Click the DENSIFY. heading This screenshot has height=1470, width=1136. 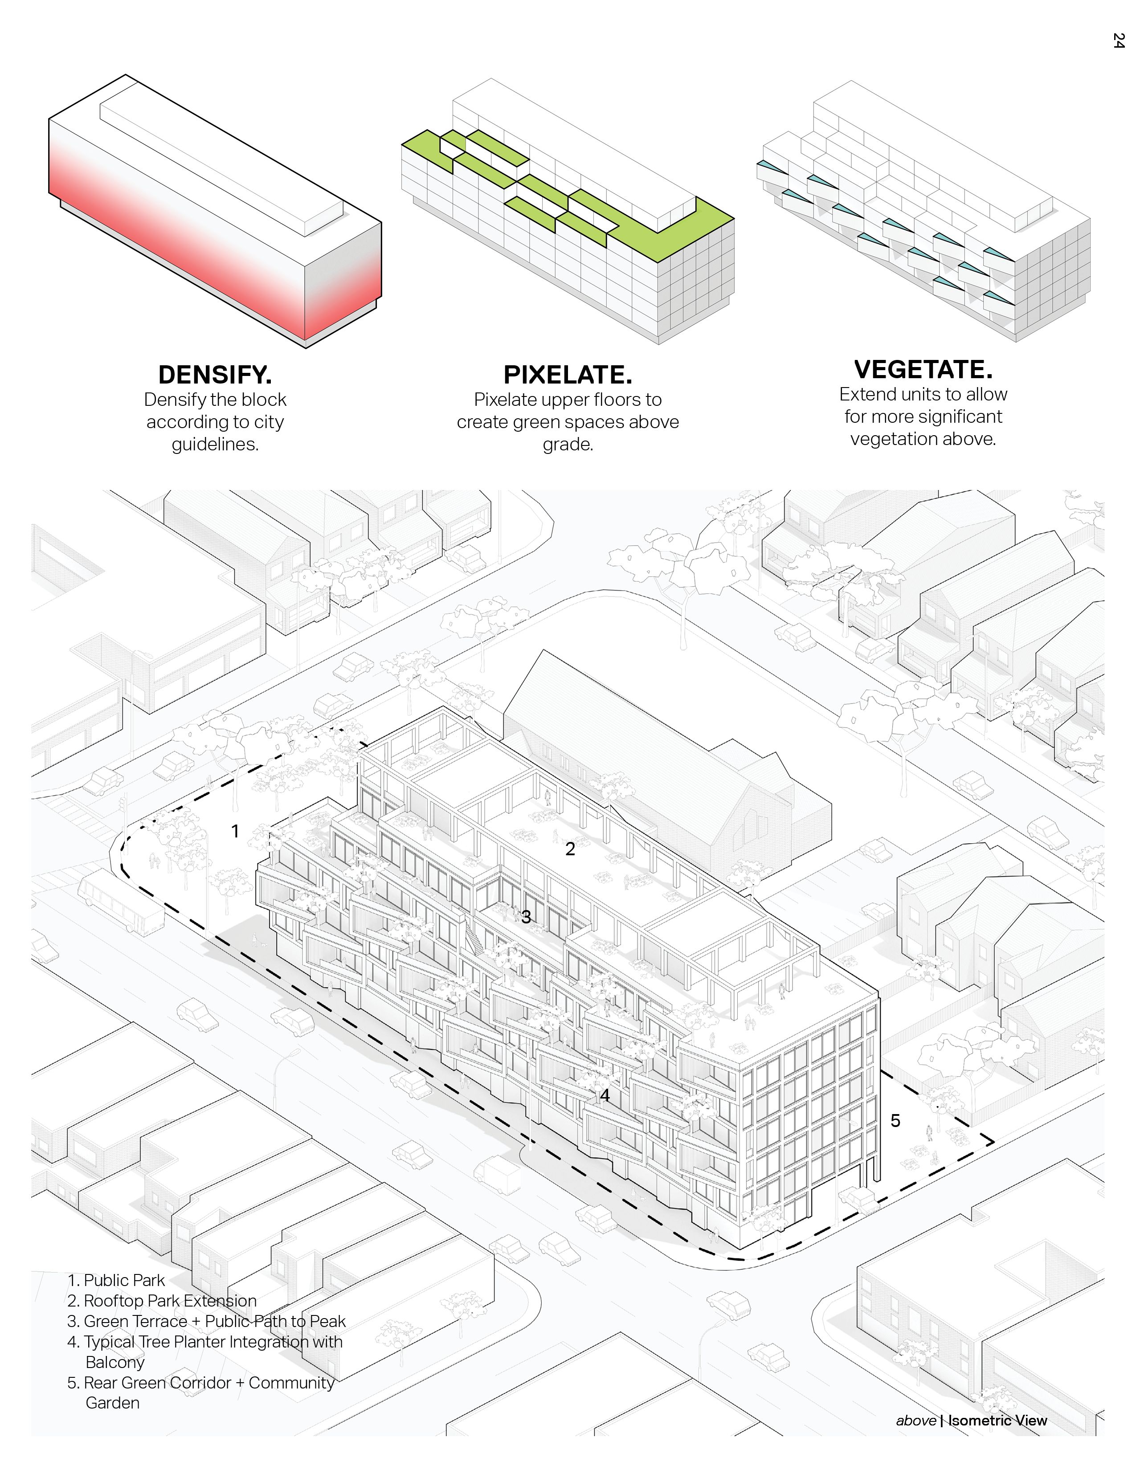coord(215,374)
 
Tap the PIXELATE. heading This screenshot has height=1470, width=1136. coord(567,374)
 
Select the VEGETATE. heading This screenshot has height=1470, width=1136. coord(923,370)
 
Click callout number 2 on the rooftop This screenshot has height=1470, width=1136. coord(570,849)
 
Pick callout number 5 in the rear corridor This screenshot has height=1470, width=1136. coord(895,1121)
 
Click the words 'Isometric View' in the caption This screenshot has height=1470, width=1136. coord(997,1420)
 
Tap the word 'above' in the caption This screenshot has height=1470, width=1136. coord(916,1420)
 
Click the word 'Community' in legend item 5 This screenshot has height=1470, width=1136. coord(291,1383)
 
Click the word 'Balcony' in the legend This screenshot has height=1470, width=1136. coord(115,1362)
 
